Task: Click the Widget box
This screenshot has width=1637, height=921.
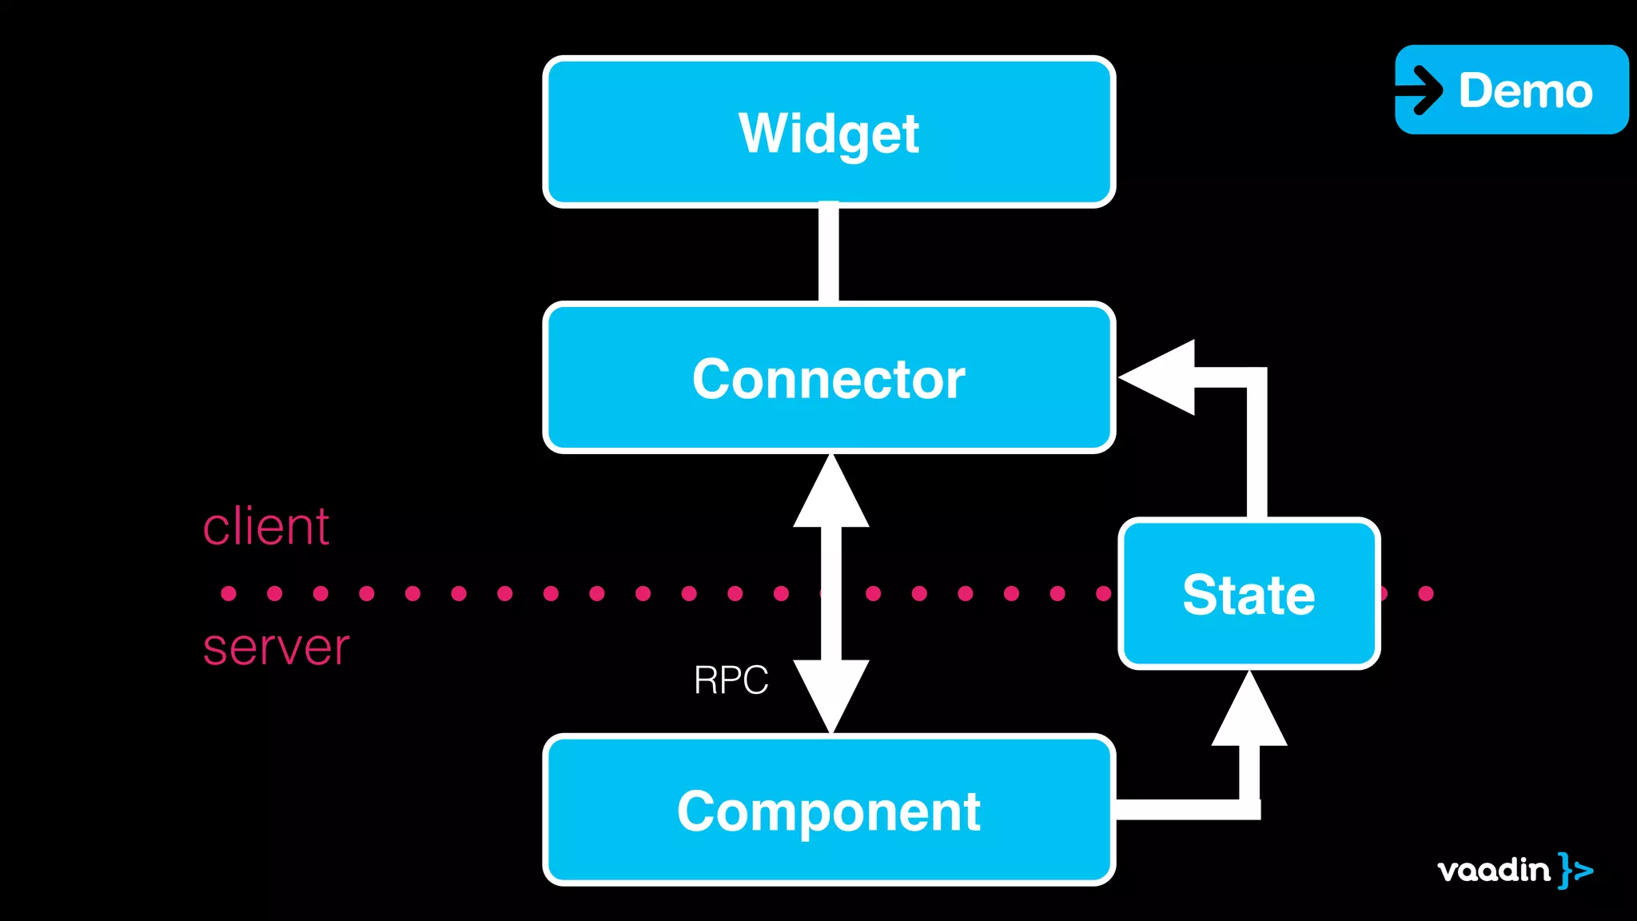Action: tap(829, 132)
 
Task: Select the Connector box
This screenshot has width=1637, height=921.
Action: tap(829, 377)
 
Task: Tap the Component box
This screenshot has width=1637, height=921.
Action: tap(829, 809)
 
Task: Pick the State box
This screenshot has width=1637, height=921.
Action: tap(1249, 593)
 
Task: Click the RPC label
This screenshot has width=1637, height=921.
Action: tap(731, 680)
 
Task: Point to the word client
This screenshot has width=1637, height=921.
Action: tap(265, 527)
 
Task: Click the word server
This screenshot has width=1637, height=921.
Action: tap(276, 647)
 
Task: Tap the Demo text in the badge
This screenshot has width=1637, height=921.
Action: tap(1525, 90)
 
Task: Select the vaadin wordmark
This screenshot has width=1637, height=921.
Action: tap(1492, 870)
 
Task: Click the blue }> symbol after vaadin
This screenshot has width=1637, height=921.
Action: tap(1575, 870)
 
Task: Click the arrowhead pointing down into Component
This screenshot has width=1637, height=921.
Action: tap(831, 692)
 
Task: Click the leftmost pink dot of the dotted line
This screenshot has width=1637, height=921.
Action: tap(229, 593)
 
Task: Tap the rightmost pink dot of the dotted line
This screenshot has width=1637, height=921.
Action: tap(1426, 593)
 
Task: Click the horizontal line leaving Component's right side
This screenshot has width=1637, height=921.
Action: tap(1183, 809)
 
